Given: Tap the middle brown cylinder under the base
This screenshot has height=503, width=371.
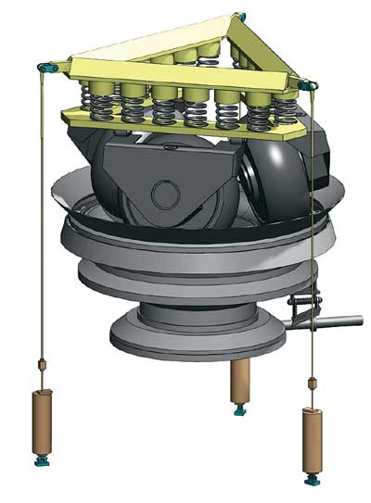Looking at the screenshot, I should [x=240, y=379].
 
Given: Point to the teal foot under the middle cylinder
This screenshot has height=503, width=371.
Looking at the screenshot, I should [x=240, y=409].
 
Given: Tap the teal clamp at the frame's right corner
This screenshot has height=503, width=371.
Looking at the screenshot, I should [x=308, y=85].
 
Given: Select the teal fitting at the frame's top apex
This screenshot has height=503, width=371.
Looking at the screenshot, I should [x=241, y=16].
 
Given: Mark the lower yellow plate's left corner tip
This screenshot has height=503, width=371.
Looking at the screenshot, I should [x=65, y=114].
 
